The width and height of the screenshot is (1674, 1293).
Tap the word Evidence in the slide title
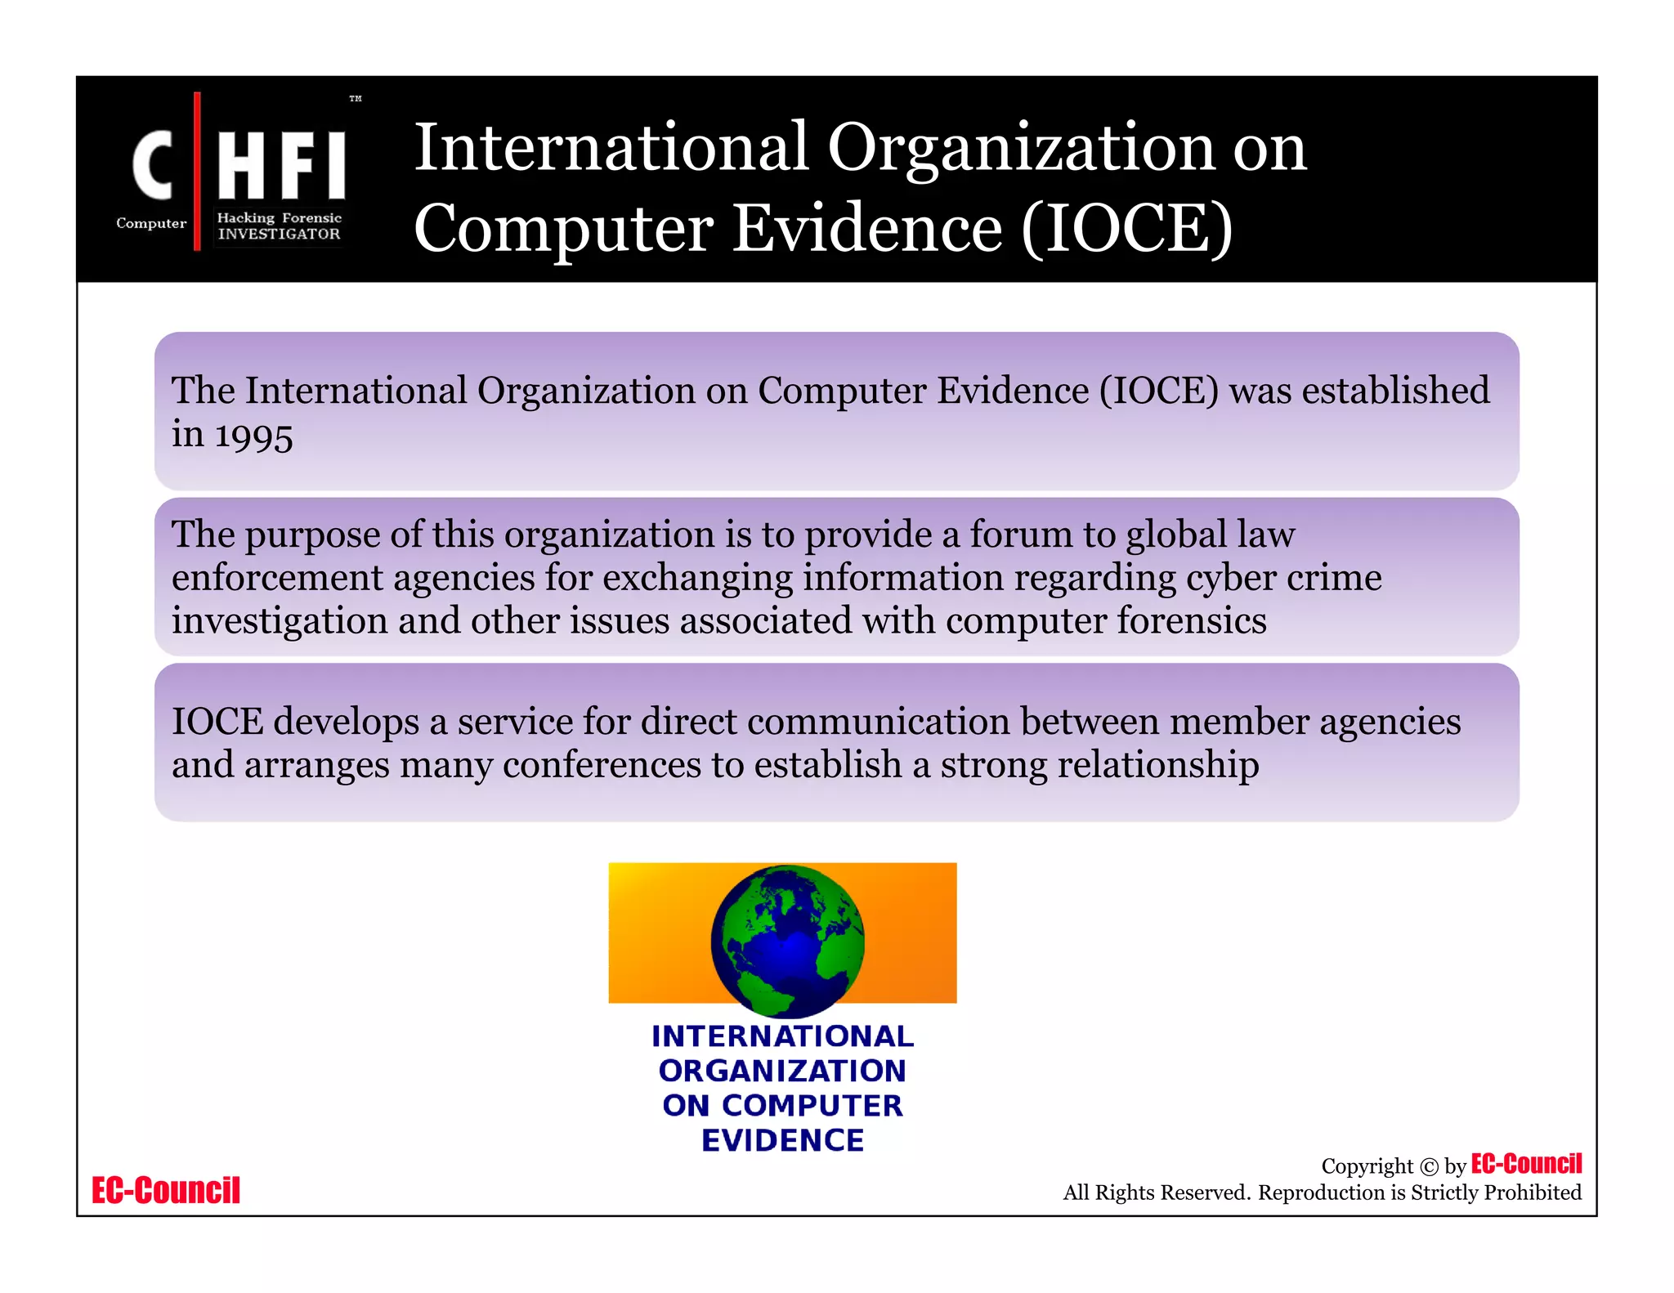click(867, 228)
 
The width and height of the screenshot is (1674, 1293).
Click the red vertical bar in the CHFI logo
click(197, 171)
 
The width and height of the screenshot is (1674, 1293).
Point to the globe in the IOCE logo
click(787, 940)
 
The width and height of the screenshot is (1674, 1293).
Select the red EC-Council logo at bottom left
click(166, 1191)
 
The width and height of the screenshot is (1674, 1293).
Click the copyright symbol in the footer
click(1429, 1167)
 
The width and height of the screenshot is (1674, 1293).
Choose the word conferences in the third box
click(602, 765)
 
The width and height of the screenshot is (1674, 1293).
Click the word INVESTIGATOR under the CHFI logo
click(279, 234)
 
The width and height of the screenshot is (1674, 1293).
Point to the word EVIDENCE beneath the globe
click(782, 1140)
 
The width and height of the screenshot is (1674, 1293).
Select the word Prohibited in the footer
click(1533, 1192)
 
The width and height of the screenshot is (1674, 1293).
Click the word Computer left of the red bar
click(151, 223)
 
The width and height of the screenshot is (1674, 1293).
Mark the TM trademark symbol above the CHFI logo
click(356, 99)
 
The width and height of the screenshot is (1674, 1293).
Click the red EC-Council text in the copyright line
click(1526, 1164)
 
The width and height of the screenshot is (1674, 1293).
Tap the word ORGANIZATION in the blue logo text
click(782, 1071)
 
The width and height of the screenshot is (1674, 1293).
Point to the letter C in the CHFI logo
click(154, 166)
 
